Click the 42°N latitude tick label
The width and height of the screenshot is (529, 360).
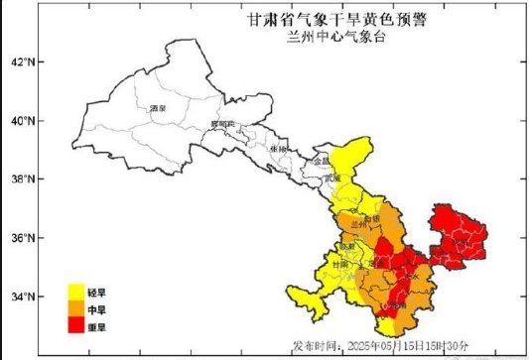pos(21,62)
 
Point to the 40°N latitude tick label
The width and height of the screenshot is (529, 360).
pos(21,121)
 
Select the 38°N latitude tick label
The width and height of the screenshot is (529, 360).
pos(21,180)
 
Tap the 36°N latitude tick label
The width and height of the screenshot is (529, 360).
pos(21,238)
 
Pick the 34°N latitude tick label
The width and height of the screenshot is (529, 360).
pos(21,297)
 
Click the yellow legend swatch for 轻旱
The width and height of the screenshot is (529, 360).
pos(75,291)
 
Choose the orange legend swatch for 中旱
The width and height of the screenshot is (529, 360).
pos(75,307)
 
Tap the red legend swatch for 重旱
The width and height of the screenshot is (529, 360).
pos(75,324)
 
